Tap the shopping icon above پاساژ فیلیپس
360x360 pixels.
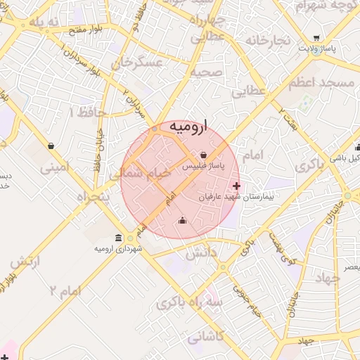coord(203,155)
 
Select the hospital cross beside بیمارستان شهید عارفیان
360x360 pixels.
coord(236,186)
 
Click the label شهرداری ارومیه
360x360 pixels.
coord(121,249)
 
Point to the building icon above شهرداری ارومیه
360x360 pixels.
coord(117,238)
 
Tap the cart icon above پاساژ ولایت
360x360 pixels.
coord(316,38)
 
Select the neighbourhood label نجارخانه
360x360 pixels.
coord(267,40)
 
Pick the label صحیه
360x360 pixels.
coord(206,72)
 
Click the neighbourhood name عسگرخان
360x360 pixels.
coord(141,65)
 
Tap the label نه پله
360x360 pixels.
coord(46,22)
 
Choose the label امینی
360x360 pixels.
coord(55,168)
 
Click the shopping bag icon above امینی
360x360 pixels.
coord(51,146)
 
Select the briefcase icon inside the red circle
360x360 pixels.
coord(183,221)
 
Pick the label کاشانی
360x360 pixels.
coord(207,337)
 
